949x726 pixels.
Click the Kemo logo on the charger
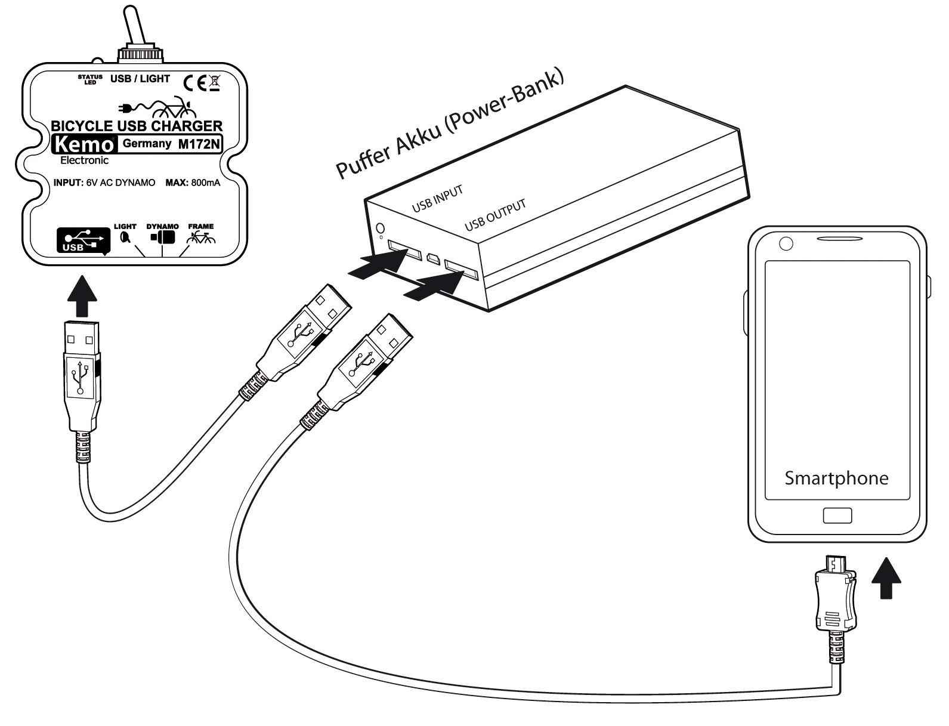83,144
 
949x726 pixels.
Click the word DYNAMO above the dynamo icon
162,227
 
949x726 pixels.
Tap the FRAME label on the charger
200,227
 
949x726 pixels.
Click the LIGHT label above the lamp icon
125,227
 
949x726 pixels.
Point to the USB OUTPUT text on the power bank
495,215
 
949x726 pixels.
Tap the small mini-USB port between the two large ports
432,258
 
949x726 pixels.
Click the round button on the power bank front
381,228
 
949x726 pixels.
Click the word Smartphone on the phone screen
836,478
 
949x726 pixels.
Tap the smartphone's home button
837,516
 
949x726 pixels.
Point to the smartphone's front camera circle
786,243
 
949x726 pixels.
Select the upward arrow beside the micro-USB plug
886,577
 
